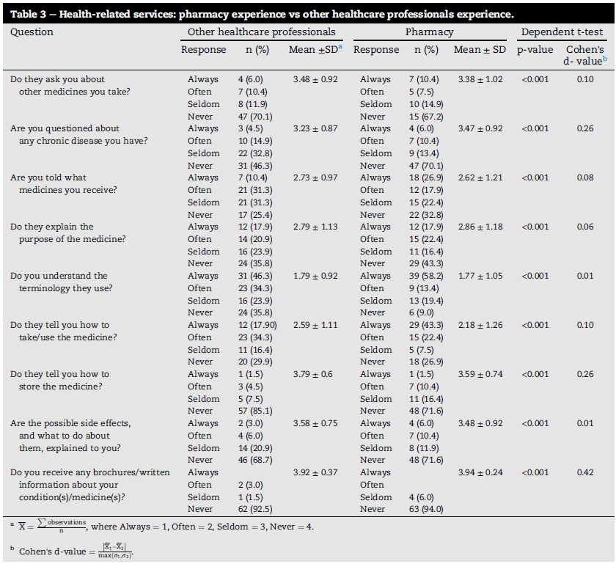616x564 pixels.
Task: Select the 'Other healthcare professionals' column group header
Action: pyautogui.click(x=261, y=32)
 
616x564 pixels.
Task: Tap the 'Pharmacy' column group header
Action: pyautogui.click(x=429, y=32)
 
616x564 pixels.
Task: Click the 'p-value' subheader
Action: pyautogui.click(x=535, y=50)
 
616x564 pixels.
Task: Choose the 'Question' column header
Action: pyautogui.click(x=32, y=32)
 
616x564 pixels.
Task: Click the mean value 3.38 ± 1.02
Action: pyautogui.click(x=480, y=79)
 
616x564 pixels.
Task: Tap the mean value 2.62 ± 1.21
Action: pyautogui.click(x=480, y=177)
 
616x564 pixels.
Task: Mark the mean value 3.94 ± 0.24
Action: pyautogui.click(x=480, y=472)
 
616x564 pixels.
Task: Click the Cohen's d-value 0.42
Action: pyautogui.click(x=584, y=472)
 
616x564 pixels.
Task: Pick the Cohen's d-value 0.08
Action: pyautogui.click(x=584, y=177)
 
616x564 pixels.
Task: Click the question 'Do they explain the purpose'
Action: pyautogui.click(x=57, y=233)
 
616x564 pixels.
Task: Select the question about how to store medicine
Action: pyautogui.click(x=60, y=380)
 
